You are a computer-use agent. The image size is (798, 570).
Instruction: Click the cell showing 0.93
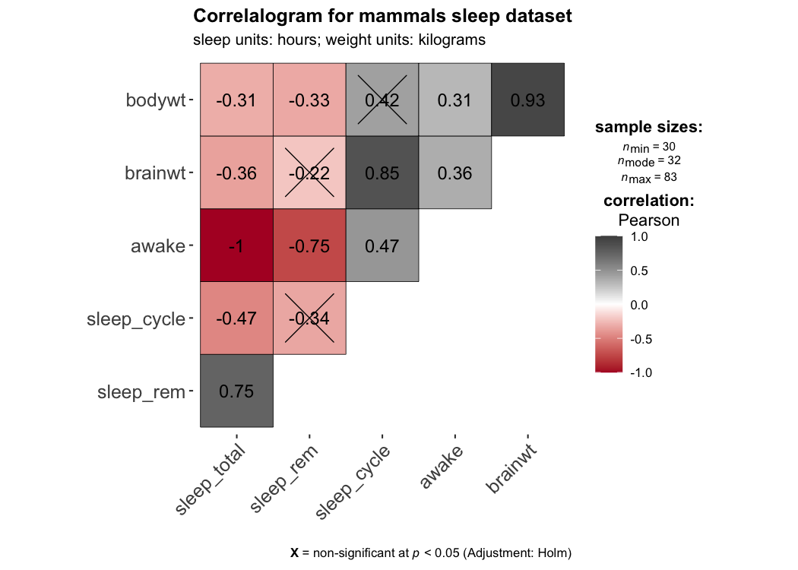[528, 100]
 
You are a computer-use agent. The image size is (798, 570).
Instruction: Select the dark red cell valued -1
[236, 245]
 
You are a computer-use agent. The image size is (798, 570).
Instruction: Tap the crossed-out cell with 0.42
[382, 100]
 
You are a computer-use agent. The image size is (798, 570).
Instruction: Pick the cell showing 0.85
[382, 173]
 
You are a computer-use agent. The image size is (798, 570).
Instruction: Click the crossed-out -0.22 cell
[309, 173]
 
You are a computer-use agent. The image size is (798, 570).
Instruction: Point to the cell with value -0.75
[309, 245]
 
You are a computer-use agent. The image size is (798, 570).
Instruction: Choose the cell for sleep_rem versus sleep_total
[236, 391]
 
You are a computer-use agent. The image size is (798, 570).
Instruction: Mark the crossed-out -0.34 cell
[309, 318]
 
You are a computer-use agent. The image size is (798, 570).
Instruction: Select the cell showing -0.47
[236, 318]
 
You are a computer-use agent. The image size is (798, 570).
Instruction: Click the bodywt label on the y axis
[156, 100]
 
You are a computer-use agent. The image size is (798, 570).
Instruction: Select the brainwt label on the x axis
[510, 470]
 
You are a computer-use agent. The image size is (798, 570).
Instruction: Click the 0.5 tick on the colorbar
[641, 271]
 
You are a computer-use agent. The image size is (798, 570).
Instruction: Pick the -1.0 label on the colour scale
[641, 372]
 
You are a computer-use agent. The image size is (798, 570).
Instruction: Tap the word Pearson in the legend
[648, 220]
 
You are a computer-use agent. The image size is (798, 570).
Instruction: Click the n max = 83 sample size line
[648, 177]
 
